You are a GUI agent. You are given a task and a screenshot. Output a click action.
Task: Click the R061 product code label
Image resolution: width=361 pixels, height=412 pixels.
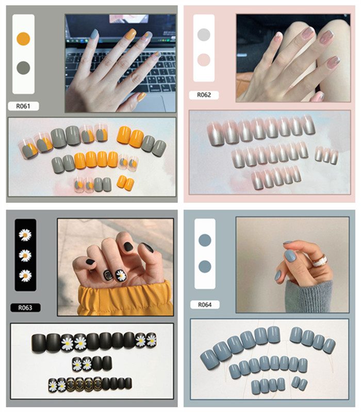coord(23,106)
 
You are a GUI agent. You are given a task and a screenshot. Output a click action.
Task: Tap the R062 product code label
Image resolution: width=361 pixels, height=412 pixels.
coord(204,95)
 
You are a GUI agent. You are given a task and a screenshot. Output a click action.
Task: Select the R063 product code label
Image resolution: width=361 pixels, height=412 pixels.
coord(25,307)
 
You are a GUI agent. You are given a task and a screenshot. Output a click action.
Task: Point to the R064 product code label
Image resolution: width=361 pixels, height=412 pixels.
coord(205,304)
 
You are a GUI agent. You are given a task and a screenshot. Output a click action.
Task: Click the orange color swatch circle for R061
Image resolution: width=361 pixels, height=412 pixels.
coord(23,39)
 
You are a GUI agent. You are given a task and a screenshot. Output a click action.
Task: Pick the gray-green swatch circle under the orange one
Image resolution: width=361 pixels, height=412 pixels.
coord(23,68)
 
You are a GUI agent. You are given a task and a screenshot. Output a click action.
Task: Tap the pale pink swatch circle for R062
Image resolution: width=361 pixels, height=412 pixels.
coord(204,60)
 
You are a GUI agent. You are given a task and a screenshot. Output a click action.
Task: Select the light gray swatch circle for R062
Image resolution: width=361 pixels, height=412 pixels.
coord(204,35)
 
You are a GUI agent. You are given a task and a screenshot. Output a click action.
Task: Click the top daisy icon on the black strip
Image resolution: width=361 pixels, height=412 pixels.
coord(25,235)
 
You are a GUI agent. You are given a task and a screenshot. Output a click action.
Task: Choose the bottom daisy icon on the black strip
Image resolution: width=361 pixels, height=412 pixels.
coord(25,276)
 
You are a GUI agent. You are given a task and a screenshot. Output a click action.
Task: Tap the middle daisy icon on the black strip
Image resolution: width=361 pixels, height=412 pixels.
coord(25,255)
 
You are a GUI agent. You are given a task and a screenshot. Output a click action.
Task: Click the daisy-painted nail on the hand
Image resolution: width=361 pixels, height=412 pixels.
coord(121,276)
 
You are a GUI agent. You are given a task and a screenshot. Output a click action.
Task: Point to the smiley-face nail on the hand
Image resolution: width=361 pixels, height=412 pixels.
coord(108,275)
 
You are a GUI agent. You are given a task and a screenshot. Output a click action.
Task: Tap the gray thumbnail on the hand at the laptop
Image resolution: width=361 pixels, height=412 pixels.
coord(94,34)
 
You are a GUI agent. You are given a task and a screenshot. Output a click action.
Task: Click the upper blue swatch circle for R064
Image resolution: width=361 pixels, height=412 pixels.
coord(205,240)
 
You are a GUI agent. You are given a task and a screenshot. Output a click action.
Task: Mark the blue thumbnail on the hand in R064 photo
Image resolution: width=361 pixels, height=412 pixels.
coord(290,255)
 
